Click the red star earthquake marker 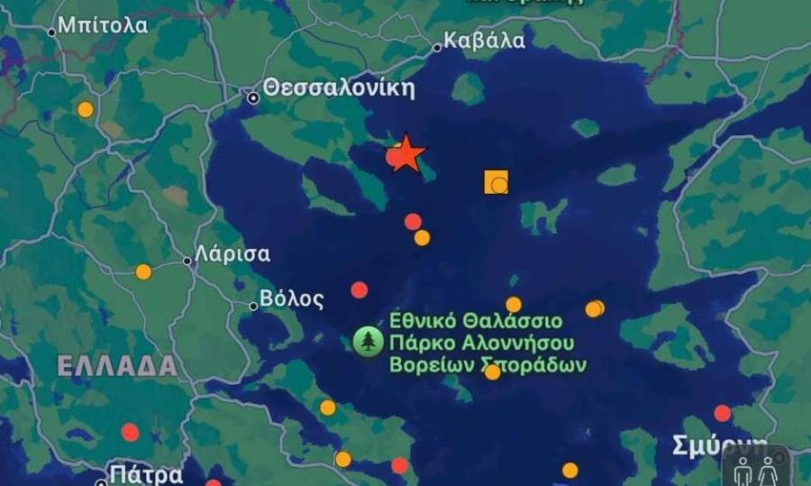[x=407, y=154]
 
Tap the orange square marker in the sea [x=497, y=182]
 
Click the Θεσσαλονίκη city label [x=339, y=88]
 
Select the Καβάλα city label [x=485, y=41]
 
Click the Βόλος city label [x=291, y=298]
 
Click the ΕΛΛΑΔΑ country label [x=117, y=365]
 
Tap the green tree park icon [x=368, y=342]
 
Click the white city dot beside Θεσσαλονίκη [x=254, y=97]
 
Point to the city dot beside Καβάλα [x=437, y=48]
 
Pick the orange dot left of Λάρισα [x=143, y=271]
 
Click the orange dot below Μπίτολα [x=85, y=109]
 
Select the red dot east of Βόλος [x=360, y=289]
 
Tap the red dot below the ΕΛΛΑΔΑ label [x=130, y=432]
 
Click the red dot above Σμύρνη [x=722, y=413]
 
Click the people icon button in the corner [x=754, y=470]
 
